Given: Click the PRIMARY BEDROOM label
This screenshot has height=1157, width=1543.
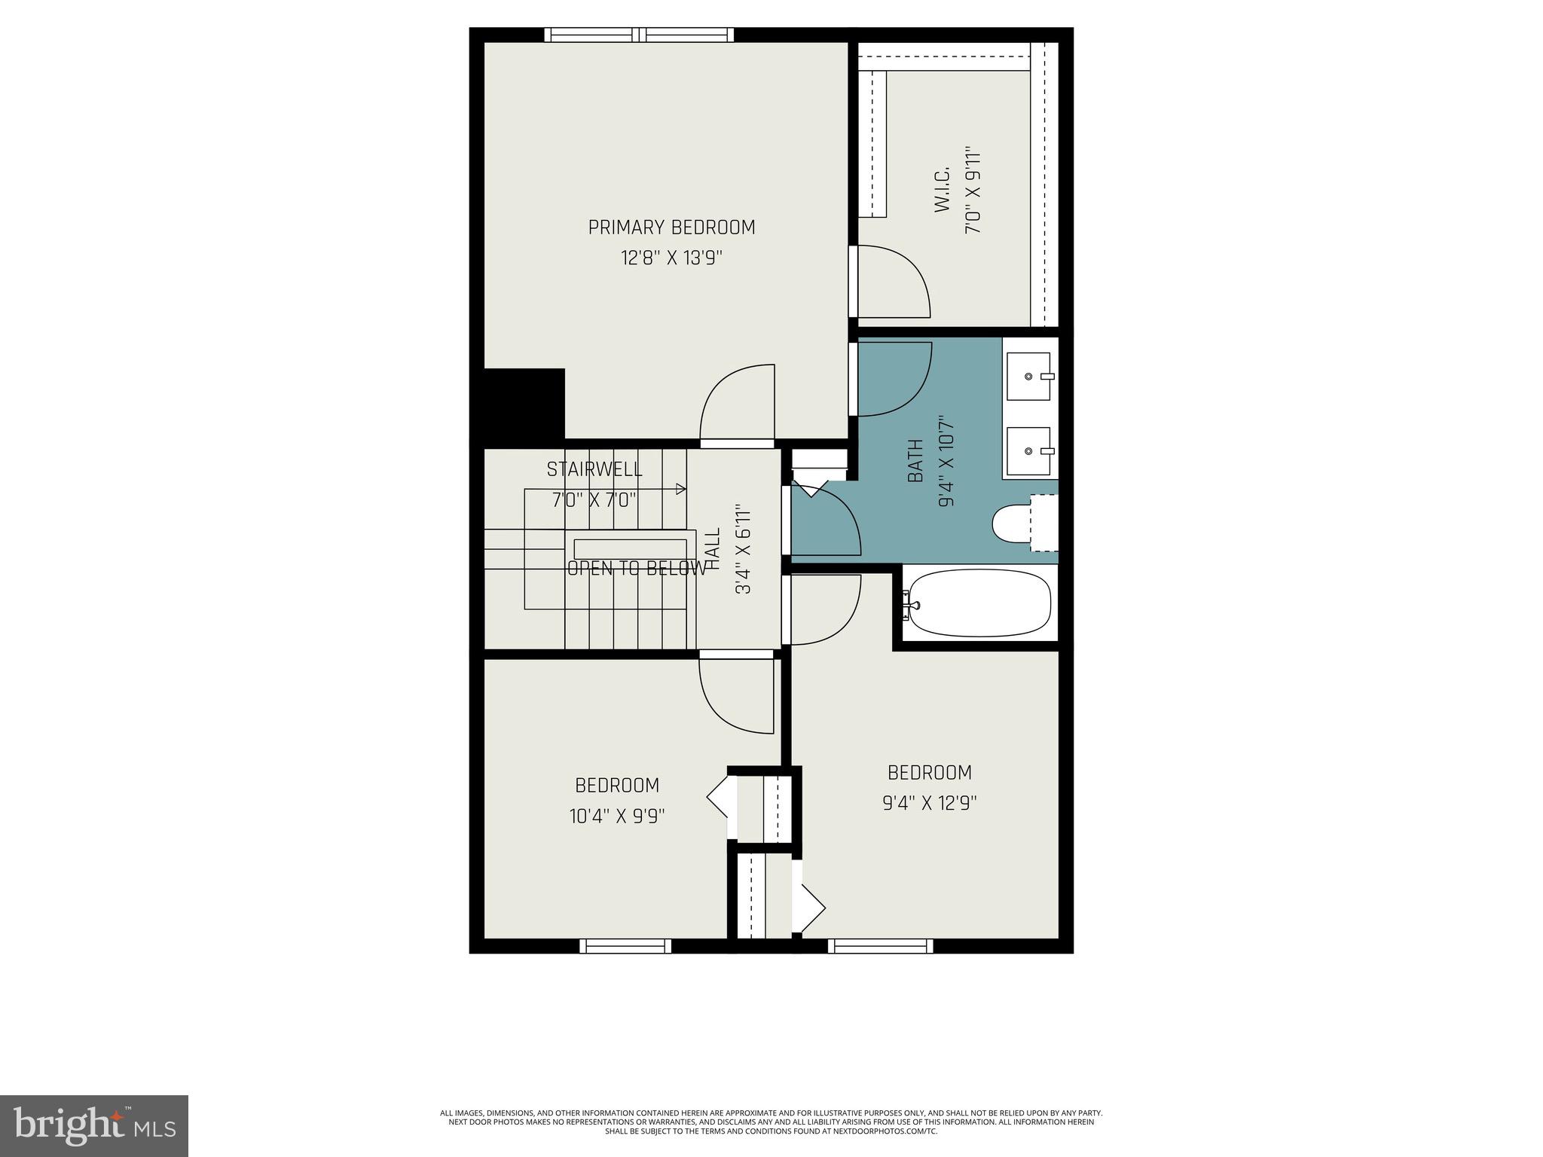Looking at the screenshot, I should point(671,227).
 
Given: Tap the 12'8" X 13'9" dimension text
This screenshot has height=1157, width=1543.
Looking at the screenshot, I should point(671,258).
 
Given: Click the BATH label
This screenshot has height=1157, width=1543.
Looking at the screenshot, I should point(915,461).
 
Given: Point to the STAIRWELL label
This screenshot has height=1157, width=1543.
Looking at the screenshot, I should point(594,469).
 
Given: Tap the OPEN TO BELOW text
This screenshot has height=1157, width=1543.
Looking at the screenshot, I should point(637,569).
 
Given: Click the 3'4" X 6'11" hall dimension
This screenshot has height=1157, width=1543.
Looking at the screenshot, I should point(744,549).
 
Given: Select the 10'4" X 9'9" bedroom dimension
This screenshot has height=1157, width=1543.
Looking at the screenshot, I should point(617,816).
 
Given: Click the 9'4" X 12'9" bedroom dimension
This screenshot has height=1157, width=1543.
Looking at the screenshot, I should point(929,803).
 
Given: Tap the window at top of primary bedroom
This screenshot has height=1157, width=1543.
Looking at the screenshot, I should point(639,35).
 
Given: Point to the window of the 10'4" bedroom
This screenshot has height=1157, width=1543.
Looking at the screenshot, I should point(625,946).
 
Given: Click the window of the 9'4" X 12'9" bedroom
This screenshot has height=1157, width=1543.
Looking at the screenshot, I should point(880,946).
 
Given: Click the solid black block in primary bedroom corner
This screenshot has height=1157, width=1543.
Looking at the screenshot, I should point(524,404).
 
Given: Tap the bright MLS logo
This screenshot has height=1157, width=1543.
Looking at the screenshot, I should point(93,1125).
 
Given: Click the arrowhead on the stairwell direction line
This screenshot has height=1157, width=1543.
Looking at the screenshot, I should point(682,489).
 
